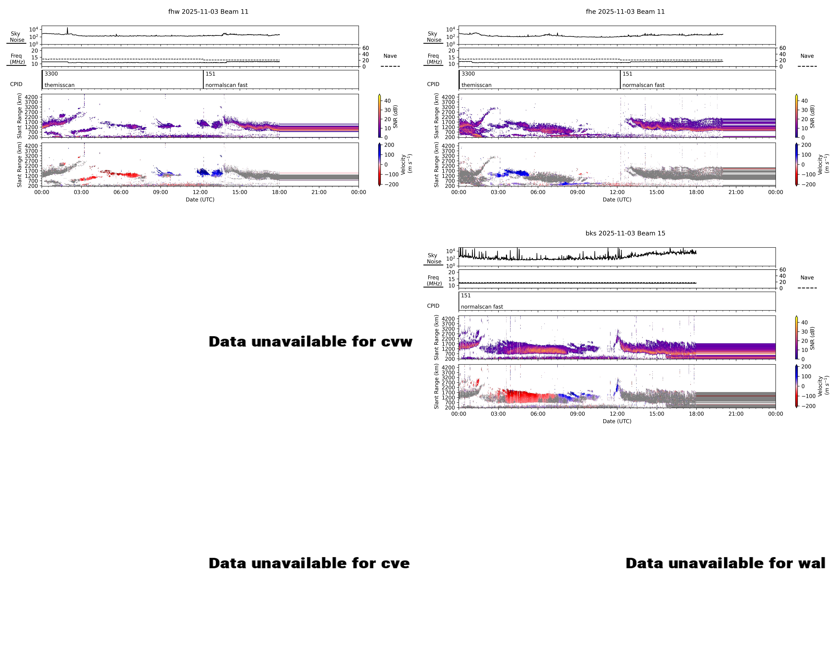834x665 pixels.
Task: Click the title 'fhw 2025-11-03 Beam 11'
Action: click(x=208, y=12)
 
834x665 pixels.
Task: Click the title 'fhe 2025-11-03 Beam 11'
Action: click(x=625, y=12)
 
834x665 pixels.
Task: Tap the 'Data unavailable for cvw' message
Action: click(x=310, y=342)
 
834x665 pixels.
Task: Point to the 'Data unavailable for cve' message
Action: click(x=309, y=563)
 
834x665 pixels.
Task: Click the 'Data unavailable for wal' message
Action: click(x=725, y=563)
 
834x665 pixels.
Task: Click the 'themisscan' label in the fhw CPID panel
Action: click(x=60, y=85)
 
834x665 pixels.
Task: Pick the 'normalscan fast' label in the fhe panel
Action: click(x=643, y=85)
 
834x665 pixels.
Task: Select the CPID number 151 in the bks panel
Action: click(x=466, y=295)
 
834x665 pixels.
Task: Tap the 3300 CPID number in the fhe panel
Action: click(x=468, y=74)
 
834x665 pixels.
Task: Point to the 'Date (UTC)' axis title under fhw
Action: click(x=200, y=200)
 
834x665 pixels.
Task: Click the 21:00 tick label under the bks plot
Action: click(x=736, y=414)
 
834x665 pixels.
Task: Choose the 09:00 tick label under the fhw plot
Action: click(x=160, y=192)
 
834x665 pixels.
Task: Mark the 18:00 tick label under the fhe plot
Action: click(x=696, y=192)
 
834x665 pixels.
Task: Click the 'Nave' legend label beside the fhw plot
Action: click(x=390, y=56)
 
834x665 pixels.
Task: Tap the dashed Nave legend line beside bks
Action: click(x=807, y=288)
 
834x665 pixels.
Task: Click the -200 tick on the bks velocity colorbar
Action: click(x=808, y=406)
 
